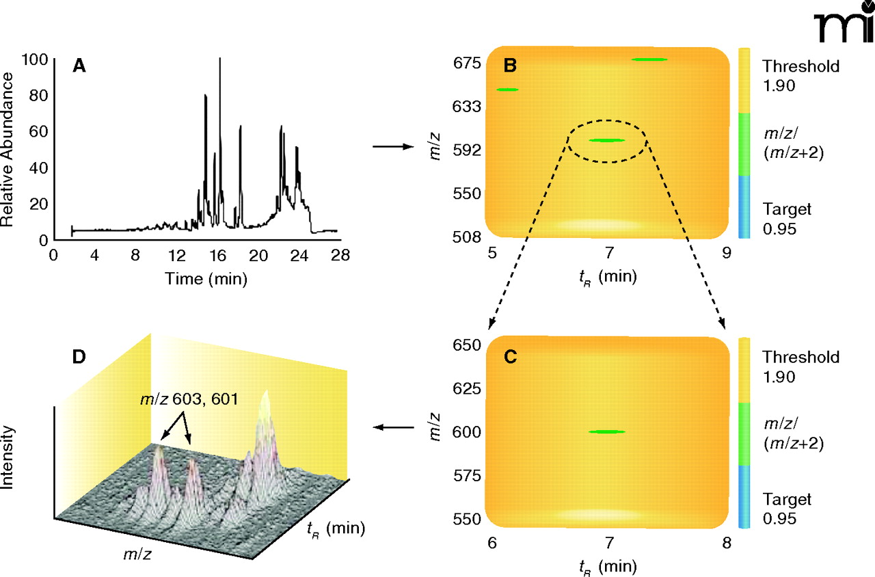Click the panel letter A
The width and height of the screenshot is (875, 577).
[x=80, y=66]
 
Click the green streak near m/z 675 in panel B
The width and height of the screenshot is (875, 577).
[x=649, y=59]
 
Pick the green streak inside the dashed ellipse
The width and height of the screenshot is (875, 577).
[x=606, y=140]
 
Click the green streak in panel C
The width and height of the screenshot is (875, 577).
[x=606, y=431]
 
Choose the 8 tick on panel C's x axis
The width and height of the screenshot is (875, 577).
[x=726, y=544]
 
